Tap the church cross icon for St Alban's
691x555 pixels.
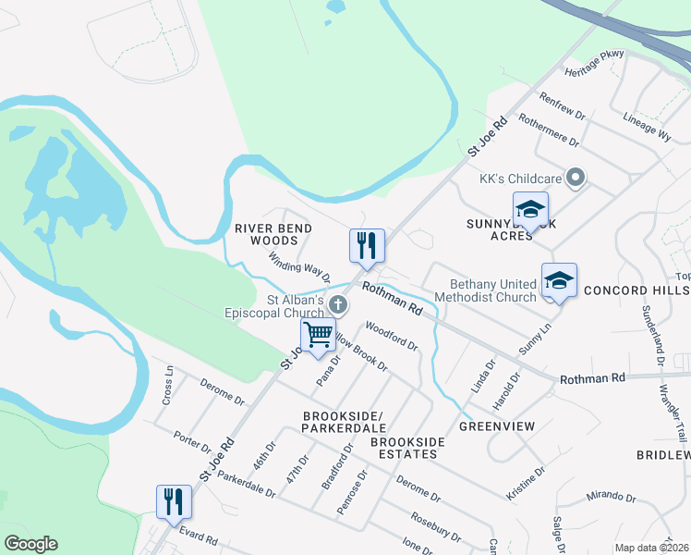point(339,304)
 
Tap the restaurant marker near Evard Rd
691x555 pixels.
point(174,501)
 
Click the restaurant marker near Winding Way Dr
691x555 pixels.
point(367,245)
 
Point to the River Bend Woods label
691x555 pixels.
point(273,234)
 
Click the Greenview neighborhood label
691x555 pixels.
point(497,426)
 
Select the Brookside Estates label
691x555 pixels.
point(407,448)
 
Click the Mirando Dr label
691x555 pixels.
point(613,497)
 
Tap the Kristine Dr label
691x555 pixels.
point(527,484)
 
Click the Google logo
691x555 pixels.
point(30,544)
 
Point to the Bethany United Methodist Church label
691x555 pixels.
point(492,290)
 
